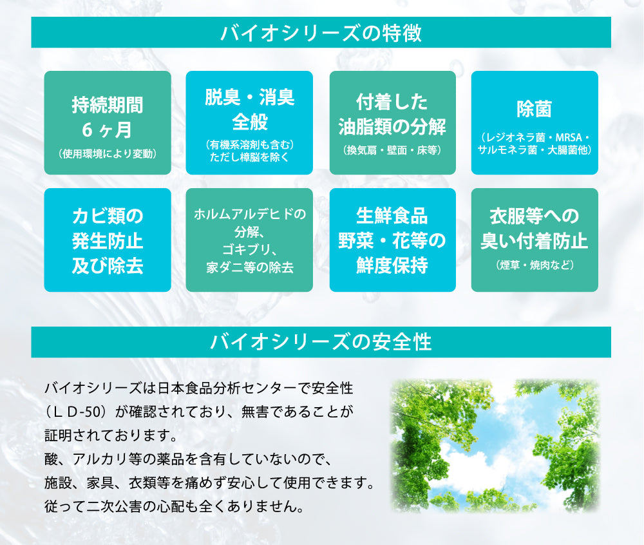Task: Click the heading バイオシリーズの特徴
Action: [x=321, y=32]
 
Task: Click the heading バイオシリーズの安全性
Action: [x=321, y=342]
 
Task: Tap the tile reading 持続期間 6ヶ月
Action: [x=108, y=123]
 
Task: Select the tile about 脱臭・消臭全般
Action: [x=249, y=123]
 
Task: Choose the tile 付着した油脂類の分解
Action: [x=393, y=123]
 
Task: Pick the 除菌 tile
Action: [x=535, y=123]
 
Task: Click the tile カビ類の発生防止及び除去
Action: [x=108, y=240]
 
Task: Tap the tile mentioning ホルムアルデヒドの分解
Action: [x=249, y=240]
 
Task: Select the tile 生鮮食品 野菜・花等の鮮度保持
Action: [x=393, y=240]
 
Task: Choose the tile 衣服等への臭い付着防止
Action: [x=535, y=240]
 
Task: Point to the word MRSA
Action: [x=569, y=138]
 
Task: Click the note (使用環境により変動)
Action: [x=108, y=154]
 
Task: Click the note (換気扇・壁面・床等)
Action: [x=392, y=150]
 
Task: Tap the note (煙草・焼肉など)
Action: [x=535, y=265]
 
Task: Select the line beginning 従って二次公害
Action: [x=175, y=506]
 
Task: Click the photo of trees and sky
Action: [x=495, y=446]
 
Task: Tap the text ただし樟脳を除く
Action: [x=249, y=157]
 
